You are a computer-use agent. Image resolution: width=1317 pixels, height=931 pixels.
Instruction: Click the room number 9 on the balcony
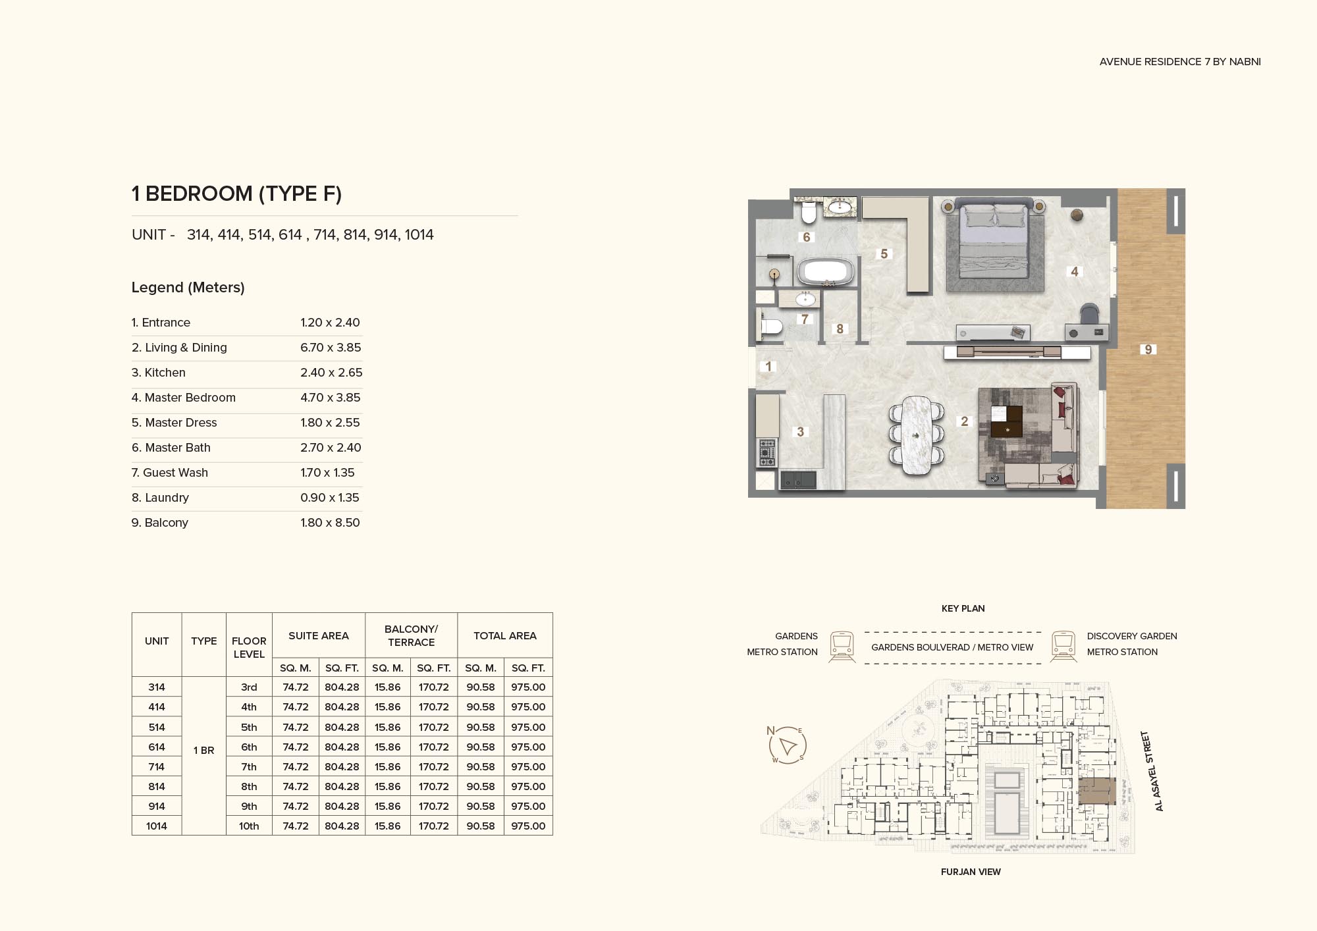1148,350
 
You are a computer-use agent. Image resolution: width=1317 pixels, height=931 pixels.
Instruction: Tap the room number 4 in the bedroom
1075,271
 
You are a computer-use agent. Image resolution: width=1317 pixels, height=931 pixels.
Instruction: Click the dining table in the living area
916,435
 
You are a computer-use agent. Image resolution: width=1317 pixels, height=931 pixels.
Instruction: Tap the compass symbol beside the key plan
787,745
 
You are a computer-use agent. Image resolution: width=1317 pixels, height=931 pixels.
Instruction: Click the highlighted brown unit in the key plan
1096,791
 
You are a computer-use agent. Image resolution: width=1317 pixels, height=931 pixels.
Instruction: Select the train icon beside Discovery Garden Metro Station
1063,647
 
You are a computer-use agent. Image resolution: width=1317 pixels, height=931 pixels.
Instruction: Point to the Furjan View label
971,872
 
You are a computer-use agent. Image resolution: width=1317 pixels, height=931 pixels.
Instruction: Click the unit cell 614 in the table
157,747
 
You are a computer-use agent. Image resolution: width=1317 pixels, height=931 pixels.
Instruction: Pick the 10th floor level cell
249,826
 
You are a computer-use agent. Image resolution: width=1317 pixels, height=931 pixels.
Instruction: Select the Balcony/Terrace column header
411,635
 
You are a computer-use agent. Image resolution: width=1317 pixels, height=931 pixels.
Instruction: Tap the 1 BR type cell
203,750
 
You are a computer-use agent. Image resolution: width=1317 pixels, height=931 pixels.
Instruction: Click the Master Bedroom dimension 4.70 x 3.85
331,398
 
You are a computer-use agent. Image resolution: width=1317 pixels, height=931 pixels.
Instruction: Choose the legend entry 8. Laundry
160,498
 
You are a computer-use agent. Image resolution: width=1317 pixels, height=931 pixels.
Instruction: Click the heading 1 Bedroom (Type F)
236,194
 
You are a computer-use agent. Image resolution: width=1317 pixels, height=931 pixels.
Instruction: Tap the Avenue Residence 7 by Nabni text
1180,61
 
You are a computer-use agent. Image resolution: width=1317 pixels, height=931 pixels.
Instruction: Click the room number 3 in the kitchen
800,432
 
